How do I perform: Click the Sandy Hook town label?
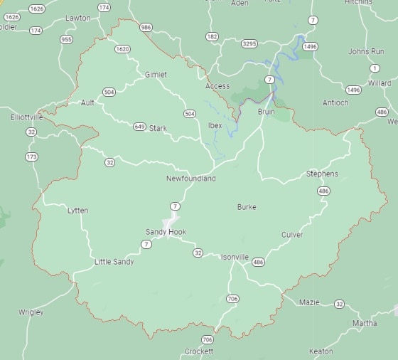[x=166, y=232]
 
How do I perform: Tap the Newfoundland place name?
[x=191, y=179]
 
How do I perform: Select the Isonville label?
[x=235, y=257]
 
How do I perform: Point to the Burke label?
[x=247, y=207]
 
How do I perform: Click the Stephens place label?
[x=322, y=174]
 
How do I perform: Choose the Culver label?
[x=291, y=235]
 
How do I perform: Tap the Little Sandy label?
[x=114, y=262]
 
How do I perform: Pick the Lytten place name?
[x=77, y=211]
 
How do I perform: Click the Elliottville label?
[x=26, y=117]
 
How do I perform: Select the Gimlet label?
[x=156, y=75]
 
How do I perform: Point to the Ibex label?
[x=215, y=125]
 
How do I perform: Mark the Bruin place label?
[x=266, y=112]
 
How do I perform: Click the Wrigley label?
[x=31, y=312]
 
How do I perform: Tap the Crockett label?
[x=198, y=351]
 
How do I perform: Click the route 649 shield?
[x=139, y=127]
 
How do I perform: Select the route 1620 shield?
[x=122, y=49]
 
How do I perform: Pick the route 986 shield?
[x=146, y=28]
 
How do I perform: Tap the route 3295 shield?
[x=249, y=44]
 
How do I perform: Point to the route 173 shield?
[x=31, y=157]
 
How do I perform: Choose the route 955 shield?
[x=66, y=40]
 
